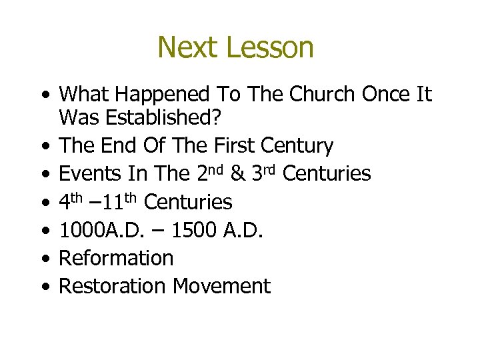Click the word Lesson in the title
[x=269, y=48]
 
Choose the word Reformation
[x=116, y=258]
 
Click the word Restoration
[x=113, y=286]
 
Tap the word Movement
[x=221, y=286]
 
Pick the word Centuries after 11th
[x=189, y=202]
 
